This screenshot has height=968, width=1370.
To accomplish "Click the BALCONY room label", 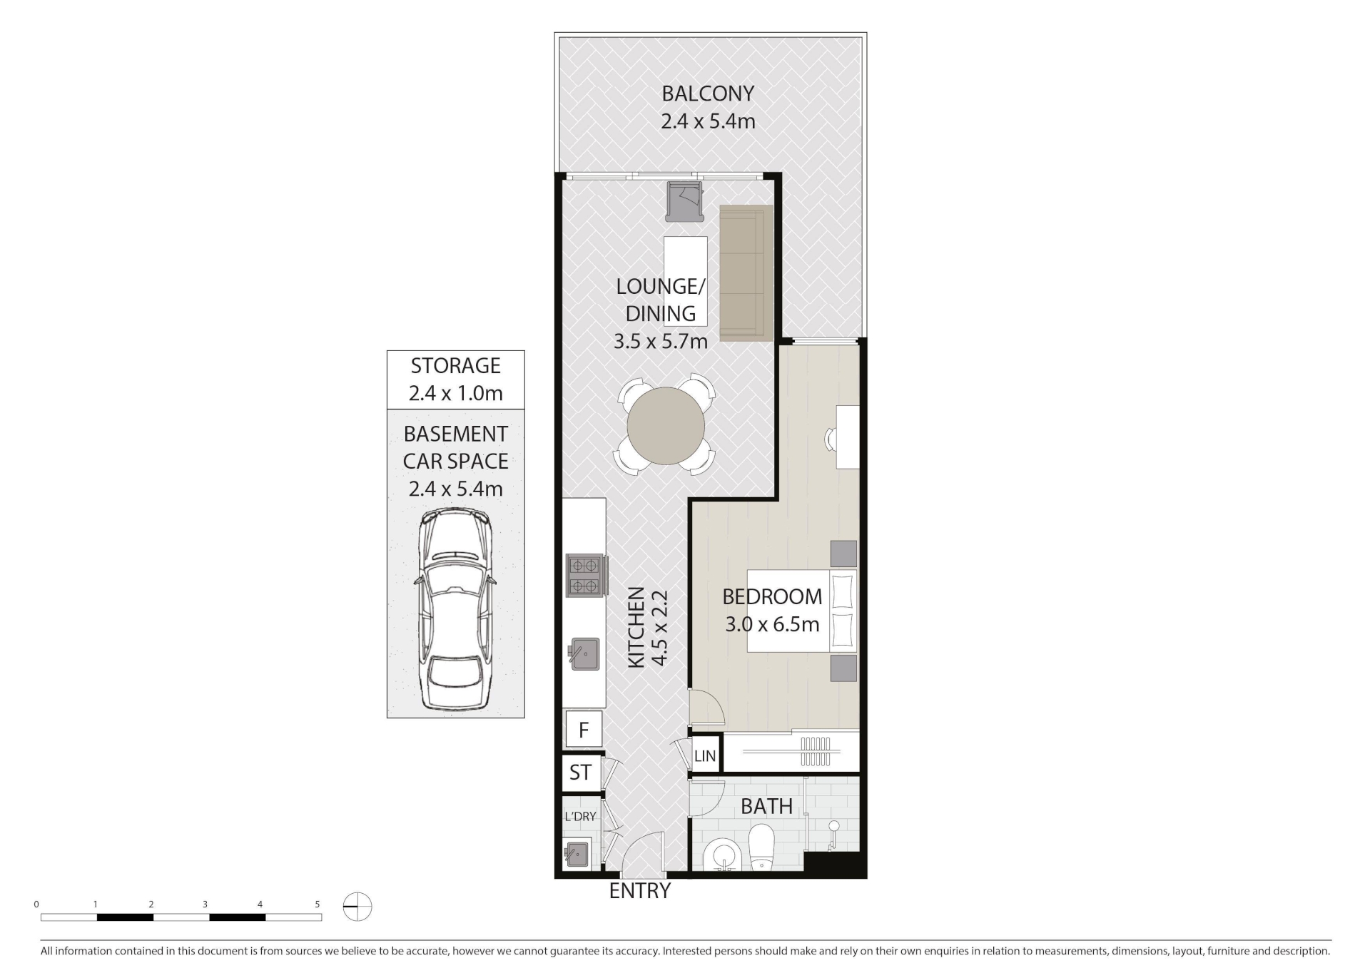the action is [708, 93].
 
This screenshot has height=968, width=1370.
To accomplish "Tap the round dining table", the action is [666, 426].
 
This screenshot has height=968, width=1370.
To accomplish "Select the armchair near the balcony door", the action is [684, 201].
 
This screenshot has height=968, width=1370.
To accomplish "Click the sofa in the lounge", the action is [746, 273].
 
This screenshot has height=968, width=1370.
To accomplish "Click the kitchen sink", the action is [584, 653].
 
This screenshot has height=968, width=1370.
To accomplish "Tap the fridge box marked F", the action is [583, 730].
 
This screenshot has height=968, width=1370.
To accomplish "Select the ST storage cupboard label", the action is [580, 772].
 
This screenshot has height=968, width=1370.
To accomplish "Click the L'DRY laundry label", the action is [579, 816].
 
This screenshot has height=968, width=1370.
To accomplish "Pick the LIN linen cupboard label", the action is [705, 756].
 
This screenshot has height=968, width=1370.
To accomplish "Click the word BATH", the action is [766, 806].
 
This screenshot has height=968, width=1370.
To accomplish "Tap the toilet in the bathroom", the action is [762, 847].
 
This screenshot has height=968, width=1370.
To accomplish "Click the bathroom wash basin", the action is [722, 855].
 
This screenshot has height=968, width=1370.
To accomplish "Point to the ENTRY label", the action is [640, 890].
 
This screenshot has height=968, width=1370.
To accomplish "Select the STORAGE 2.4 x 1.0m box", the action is [455, 379].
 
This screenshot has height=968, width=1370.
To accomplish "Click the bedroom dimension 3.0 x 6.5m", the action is [772, 624].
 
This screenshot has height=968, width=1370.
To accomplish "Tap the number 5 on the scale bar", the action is [318, 904].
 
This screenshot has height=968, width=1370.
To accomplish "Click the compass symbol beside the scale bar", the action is [357, 907].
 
